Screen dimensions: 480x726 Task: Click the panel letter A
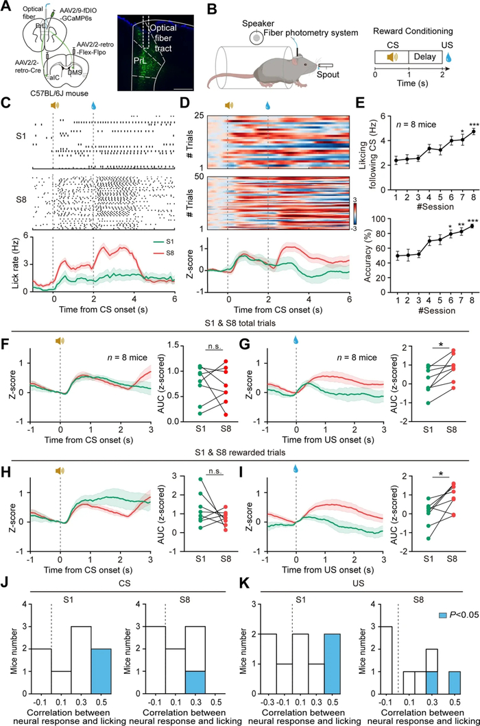click(6, 8)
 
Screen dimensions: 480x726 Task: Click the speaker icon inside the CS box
click(392, 57)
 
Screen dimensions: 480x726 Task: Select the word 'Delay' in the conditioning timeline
click(424, 57)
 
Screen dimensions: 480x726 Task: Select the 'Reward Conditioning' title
click(413, 31)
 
